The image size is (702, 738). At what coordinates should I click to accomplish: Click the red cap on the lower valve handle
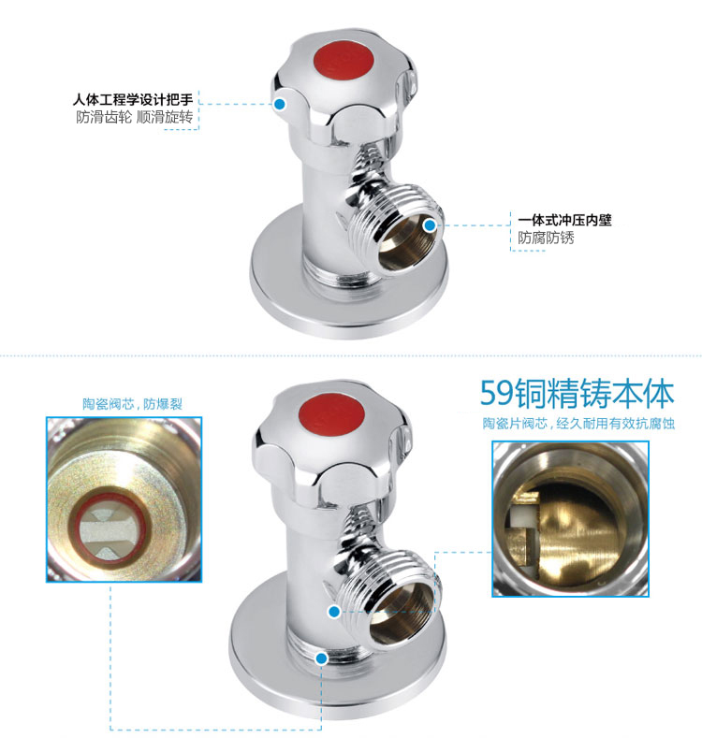pyautogui.click(x=331, y=414)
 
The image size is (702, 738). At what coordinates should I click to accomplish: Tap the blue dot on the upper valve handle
pyautogui.click(x=280, y=104)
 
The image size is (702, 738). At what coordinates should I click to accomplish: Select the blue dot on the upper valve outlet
pyautogui.click(x=430, y=225)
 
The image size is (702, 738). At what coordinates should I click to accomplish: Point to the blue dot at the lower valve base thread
pyautogui.click(x=322, y=658)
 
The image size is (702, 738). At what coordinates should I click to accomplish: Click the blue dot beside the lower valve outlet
pyautogui.click(x=334, y=612)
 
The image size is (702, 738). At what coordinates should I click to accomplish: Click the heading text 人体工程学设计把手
pyautogui.click(x=133, y=100)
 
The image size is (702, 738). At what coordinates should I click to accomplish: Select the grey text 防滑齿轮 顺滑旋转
pyautogui.click(x=135, y=117)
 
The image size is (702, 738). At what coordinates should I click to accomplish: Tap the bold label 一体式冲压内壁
pyautogui.click(x=564, y=220)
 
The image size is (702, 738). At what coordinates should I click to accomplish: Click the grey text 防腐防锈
pyautogui.click(x=546, y=238)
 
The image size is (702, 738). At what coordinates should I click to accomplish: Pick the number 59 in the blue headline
pyautogui.click(x=497, y=393)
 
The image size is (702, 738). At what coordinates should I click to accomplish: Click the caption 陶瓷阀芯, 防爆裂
pyautogui.click(x=132, y=404)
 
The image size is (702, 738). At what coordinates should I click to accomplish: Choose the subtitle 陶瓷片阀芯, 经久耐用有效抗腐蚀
pyautogui.click(x=578, y=423)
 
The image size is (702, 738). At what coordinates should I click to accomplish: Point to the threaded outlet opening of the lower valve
pyautogui.click(x=401, y=612)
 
